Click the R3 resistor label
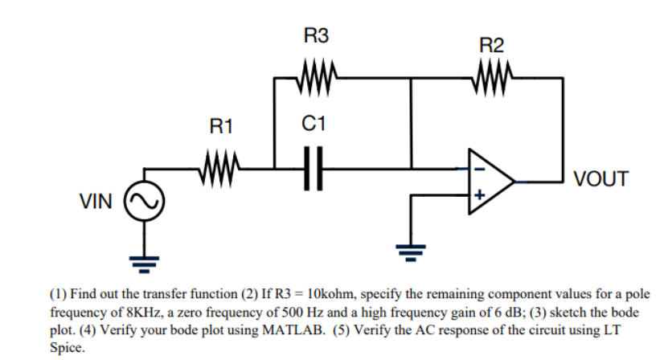(316, 35)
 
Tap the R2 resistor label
(491, 45)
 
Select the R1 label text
(221, 126)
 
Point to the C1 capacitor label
(314, 124)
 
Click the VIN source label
(96, 201)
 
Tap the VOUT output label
(600, 179)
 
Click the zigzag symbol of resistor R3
(317, 78)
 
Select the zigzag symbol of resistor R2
(492, 78)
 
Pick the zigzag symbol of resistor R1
(219, 169)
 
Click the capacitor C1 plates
(314, 169)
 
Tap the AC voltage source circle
(144, 201)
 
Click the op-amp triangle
(492, 182)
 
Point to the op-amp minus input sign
(479, 169)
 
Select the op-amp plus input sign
(479, 194)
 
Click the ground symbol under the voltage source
(144, 264)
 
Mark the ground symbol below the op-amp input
(411, 252)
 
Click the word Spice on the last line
(67, 348)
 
